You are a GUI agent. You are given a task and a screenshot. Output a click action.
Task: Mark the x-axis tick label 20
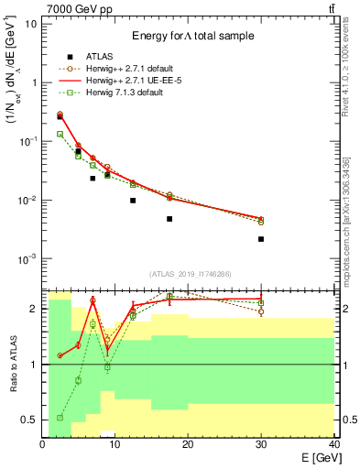(188, 444)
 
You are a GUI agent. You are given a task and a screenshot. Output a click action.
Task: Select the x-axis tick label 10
(115, 444)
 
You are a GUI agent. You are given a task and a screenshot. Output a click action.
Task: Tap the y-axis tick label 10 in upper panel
(30, 24)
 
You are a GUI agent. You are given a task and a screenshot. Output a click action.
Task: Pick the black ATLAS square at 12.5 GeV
(133, 201)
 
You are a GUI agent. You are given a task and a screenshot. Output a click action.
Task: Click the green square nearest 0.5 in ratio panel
(60, 418)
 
